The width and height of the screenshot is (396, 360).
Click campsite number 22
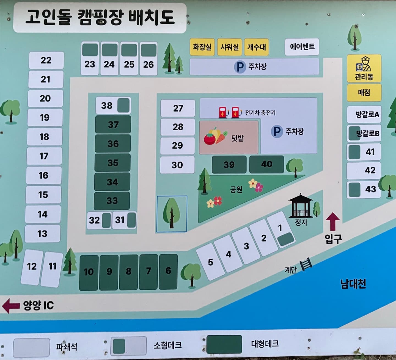(x=46, y=60)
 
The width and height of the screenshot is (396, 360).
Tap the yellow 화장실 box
(x=202, y=47)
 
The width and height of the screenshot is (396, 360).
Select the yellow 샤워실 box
(x=230, y=47)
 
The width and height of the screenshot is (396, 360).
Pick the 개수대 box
(x=257, y=47)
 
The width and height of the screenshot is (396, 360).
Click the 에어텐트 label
(x=302, y=46)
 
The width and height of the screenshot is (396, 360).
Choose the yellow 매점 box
(x=364, y=92)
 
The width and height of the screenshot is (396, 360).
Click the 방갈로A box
(x=364, y=114)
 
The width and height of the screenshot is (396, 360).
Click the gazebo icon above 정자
(x=301, y=206)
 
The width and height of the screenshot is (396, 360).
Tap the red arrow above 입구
(x=333, y=221)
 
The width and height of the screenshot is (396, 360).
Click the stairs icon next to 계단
(x=306, y=264)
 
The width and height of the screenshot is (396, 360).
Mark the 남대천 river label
(x=353, y=284)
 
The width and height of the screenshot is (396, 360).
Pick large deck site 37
(x=113, y=124)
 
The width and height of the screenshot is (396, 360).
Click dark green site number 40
(x=266, y=164)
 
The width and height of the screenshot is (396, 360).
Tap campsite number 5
(x=210, y=262)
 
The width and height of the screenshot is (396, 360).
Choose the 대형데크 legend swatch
(x=224, y=344)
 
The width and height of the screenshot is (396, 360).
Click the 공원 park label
(x=236, y=189)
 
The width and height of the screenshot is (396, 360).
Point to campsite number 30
(x=177, y=165)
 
